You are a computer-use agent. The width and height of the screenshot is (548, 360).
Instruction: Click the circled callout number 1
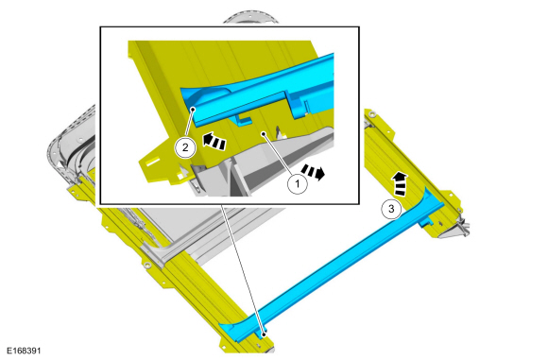click(x=298, y=183)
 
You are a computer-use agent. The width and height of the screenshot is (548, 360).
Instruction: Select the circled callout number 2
click(x=185, y=147)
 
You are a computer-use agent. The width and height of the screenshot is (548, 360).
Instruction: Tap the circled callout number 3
click(x=391, y=209)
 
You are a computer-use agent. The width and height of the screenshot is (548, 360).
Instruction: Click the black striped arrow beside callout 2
click(x=214, y=141)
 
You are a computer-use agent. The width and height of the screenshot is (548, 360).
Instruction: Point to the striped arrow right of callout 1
click(x=313, y=172)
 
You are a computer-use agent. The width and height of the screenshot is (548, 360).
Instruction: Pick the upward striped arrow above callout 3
click(x=400, y=183)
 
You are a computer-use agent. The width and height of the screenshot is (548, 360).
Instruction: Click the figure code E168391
click(x=24, y=351)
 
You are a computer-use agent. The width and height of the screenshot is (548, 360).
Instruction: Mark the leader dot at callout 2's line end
click(x=192, y=110)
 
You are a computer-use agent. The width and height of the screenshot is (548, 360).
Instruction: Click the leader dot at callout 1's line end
click(x=264, y=133)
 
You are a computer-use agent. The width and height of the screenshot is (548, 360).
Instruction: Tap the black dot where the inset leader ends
click(x=265, y=334)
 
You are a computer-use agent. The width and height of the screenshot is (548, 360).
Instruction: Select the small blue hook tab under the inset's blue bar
click(x=244, y=120)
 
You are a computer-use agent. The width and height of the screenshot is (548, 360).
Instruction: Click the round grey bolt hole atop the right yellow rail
click(x=372, y=114)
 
